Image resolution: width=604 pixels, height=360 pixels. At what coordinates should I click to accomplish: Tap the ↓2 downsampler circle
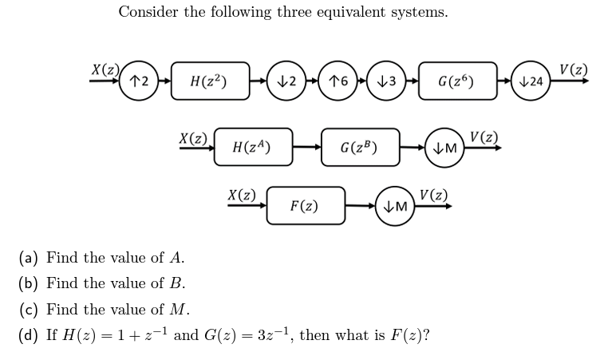(x=288, y=81)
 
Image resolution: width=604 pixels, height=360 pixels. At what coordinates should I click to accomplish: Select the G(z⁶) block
(x=459, y=81)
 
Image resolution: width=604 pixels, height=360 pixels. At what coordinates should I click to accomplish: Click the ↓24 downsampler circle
(x=530, y=81)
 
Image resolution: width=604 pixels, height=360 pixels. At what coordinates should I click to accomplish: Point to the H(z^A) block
(x=252, y=147)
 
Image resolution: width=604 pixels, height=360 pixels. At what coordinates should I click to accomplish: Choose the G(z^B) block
(x=360, y=147)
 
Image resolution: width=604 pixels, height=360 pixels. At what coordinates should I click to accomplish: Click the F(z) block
(x=305, y=206)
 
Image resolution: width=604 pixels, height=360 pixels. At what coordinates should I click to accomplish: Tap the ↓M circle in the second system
(x=445, y=148)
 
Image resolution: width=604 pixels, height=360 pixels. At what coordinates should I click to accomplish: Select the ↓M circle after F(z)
(x=396, y=206)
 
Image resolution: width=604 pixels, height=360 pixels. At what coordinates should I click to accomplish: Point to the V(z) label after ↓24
(x=574, y=69)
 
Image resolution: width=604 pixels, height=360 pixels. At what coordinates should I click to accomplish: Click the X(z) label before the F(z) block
(x=242, y=194)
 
